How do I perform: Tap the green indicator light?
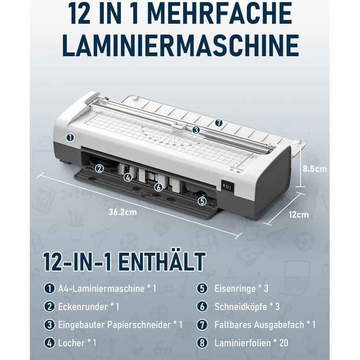(232, 170)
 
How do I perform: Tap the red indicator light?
(239, 171)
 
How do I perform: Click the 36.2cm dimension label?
(123, 212)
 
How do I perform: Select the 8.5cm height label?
(315, 169)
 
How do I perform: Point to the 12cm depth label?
(299, 214)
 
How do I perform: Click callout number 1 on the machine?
(70, 137)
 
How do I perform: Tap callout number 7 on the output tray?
(219, 123)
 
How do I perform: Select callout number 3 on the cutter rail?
(195, 130)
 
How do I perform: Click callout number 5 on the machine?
(202, 202)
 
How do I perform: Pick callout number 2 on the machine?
(99, 169)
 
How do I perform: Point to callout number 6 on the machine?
(158, 187)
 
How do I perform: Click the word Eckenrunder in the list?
(83, 307)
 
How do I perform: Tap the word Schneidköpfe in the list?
(241, 307)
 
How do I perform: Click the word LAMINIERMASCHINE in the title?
(181, 45)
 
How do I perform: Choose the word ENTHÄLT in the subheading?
(162, 262)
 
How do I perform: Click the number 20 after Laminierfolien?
(284, 343)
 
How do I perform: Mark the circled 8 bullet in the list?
(202, 343)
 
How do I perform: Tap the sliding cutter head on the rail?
(181, 125)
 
